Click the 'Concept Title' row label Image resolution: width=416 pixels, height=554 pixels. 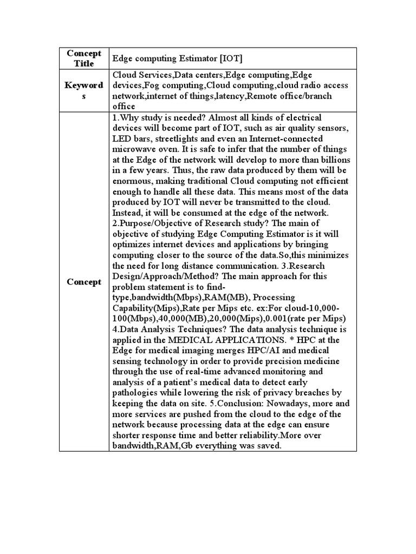pos(84,58)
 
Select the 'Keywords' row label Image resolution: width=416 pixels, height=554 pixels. pos(84,90)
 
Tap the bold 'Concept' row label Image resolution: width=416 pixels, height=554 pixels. pos(84,282)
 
